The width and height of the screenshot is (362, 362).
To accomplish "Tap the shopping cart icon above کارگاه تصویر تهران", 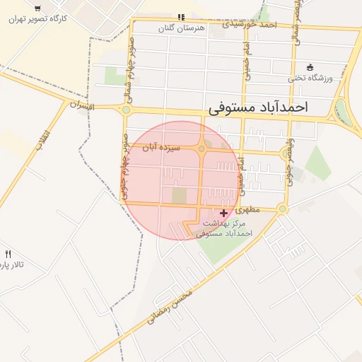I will click(37, 8).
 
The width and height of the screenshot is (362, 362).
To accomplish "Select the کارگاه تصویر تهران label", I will click(38, 19).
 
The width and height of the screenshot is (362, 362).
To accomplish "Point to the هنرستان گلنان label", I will click(179, 27).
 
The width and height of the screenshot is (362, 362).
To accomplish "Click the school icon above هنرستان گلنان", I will click(181, 16).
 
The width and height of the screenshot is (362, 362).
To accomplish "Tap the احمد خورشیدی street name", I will click(249, 23).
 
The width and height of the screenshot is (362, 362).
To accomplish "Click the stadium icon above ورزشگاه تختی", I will click(310, 67).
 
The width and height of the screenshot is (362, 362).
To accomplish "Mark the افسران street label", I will click(82, 105).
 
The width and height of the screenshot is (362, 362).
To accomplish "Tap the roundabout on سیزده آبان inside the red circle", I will click(202, 148).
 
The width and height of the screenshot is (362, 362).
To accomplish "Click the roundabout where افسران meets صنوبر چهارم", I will click(127, 110).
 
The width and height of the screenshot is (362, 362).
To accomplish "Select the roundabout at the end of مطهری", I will click(283, 209).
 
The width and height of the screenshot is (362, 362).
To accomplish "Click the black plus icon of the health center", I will click(224, 213).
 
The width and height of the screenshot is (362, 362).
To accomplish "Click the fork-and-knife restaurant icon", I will click(8, 254).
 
